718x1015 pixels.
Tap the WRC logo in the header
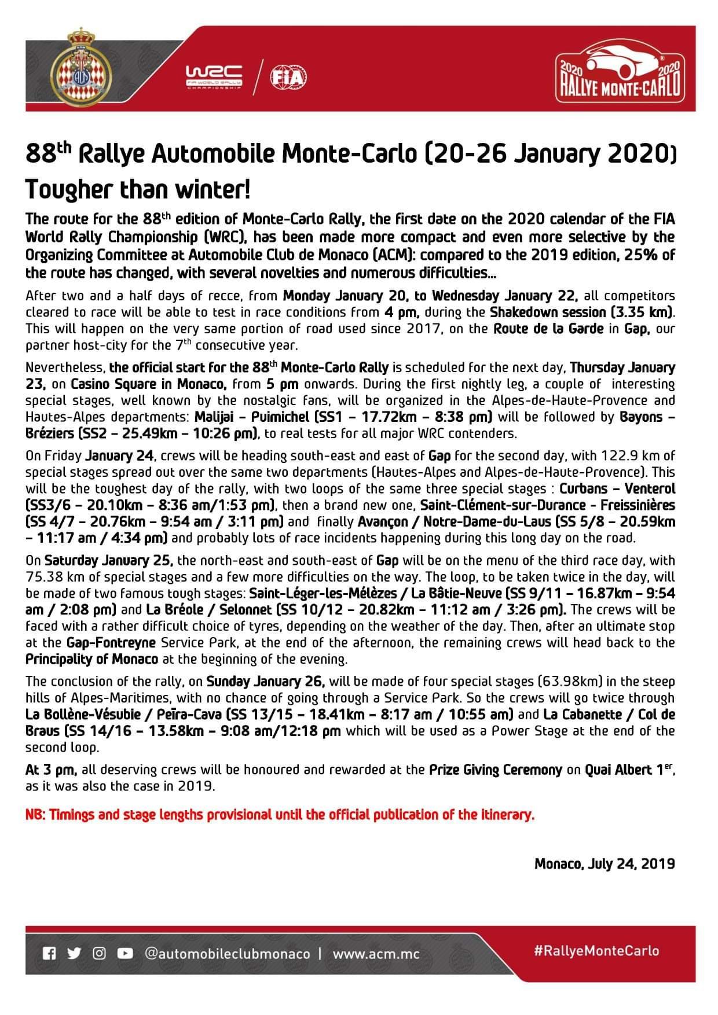214,76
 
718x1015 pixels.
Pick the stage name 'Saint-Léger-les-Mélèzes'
323,593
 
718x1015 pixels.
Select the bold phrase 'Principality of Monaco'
91,659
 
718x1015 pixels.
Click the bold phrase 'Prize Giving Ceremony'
496,770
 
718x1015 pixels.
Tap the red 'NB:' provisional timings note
280,815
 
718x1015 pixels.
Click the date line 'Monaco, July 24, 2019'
605,863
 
